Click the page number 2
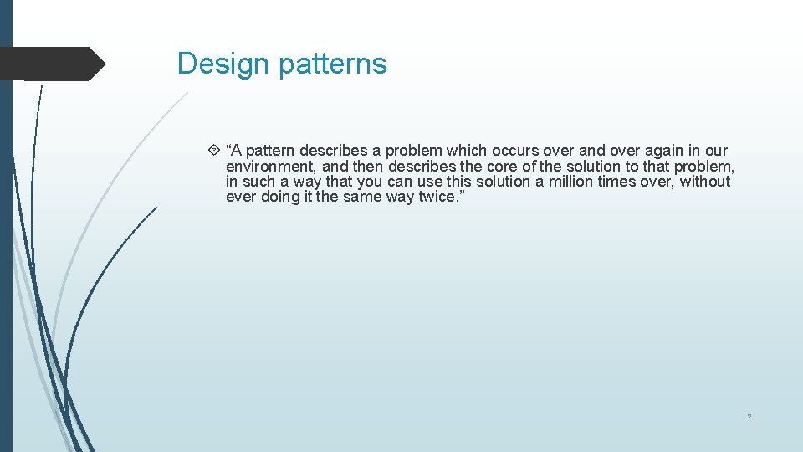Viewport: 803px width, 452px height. coord(749,417)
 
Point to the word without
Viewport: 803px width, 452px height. coord(704,182)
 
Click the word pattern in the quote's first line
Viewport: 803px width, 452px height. coord(269,151)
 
